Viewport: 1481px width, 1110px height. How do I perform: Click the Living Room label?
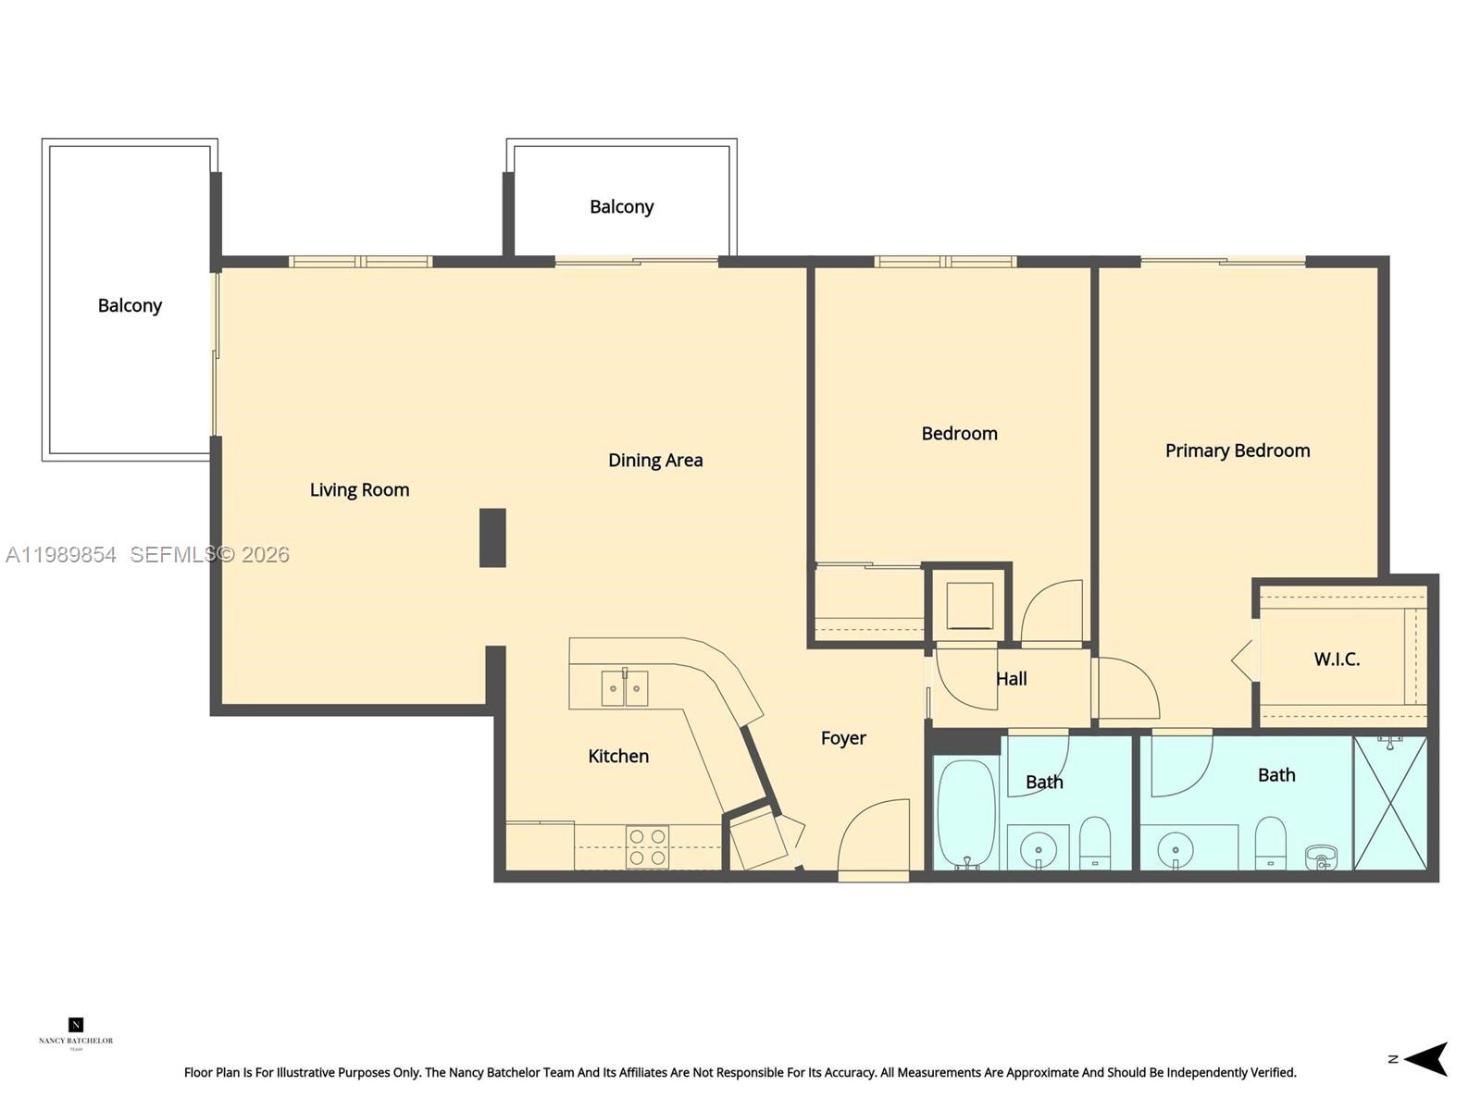359,490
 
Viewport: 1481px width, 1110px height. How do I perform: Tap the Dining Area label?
655,461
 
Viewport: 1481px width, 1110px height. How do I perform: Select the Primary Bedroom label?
1237,450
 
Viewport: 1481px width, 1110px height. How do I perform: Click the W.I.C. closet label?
1337,660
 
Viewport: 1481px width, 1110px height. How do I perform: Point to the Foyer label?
843,738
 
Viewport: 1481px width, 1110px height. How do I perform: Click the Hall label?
1011,679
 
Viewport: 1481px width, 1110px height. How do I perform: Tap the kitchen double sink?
625,688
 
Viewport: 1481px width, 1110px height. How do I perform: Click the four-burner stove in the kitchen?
647,847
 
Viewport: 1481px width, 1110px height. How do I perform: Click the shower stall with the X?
1390,803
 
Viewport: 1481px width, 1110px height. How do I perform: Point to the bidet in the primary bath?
1321,857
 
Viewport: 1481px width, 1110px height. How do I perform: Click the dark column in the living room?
492,537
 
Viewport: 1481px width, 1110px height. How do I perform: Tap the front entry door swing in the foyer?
875,837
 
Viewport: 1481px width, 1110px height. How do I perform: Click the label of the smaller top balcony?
621,207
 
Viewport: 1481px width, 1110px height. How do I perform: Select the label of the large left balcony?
130,305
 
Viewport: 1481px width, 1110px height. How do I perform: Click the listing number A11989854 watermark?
61,555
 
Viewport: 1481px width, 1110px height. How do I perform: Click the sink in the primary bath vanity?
1176,846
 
